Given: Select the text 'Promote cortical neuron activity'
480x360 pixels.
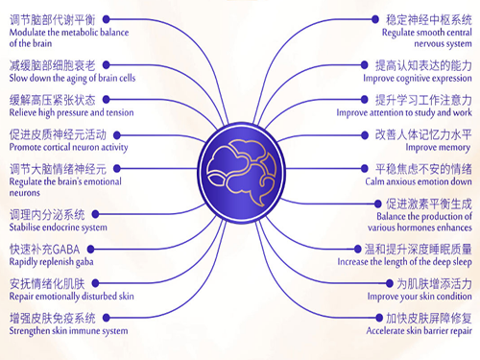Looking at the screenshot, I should (68, 148).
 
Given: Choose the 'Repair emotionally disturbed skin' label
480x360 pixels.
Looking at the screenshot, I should (71, 298).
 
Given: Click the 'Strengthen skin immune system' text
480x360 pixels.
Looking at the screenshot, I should (68, 331).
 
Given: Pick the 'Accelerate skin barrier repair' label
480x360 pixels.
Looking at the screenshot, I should (420, 331).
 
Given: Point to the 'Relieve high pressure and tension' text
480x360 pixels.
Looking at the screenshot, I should (71, 112).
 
